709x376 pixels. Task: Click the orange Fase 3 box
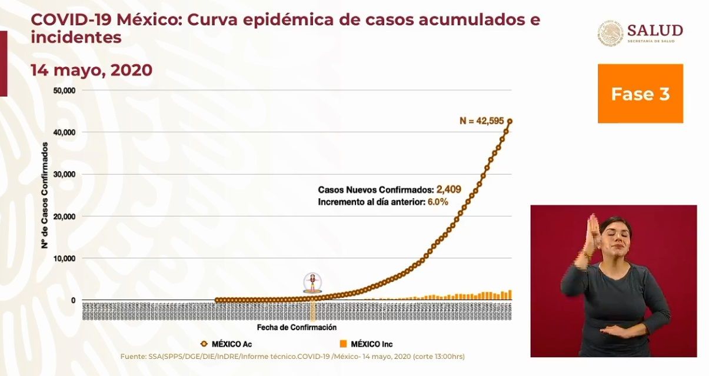click(640, 94)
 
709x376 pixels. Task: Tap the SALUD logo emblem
click(611, 34)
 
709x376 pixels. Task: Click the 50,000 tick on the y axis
click(64, 91)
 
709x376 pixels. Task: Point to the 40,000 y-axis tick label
click(64, 132)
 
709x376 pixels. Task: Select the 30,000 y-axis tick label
click(64, 174)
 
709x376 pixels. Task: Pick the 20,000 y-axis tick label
click(64, 217)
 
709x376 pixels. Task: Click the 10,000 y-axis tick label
click(64, 258)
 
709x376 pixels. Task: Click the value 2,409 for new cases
click(448, 189)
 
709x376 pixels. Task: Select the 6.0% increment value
click(437, 202)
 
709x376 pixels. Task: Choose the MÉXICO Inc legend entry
click(365, 344)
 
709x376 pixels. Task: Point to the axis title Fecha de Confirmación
click(297, 327)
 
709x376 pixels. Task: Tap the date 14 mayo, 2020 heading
click(91, 71)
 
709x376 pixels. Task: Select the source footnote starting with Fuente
click(292, 357)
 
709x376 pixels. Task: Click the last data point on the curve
click(510, 121)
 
